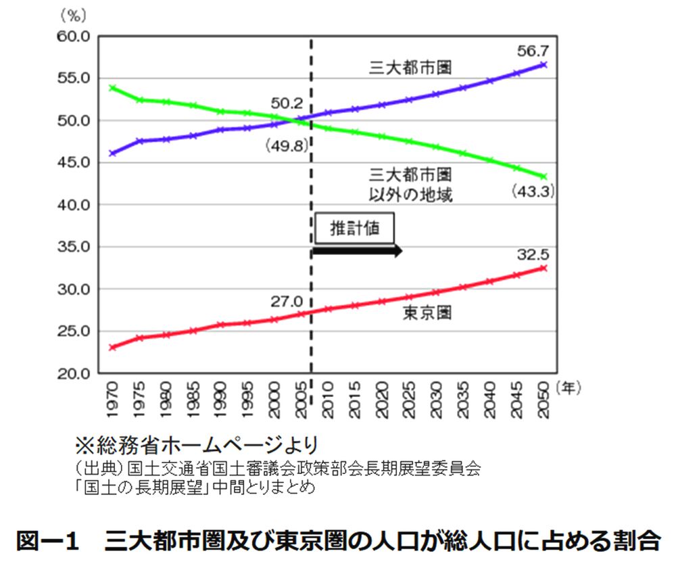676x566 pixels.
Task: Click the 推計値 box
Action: coord(354,229)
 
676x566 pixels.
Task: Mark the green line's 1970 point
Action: coord(112,88)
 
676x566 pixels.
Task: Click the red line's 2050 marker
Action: coord(544,268)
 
